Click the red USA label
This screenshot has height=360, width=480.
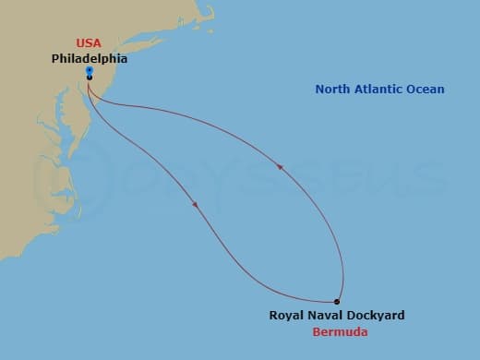pos(89,43)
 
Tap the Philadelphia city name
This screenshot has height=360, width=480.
pos(89,57)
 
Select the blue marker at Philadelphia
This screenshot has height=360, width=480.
pos(89,70)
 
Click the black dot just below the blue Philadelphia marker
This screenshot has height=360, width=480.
pos(89,78)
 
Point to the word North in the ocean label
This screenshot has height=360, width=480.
pos(334,90)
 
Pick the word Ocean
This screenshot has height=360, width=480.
pos(428,90)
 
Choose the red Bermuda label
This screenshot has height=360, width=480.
pos(336,331)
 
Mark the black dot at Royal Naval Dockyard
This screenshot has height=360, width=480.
pos(337,302)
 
